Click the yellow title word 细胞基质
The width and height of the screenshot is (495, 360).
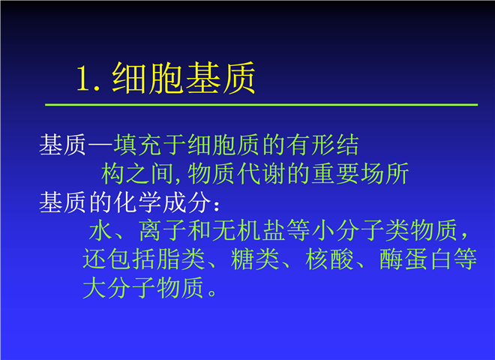(184, 78)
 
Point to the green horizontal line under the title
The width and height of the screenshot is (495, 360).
(262, 104)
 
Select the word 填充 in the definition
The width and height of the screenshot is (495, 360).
(138, 145)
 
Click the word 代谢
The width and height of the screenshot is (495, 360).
(262, 174)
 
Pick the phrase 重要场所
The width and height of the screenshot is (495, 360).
(360, 174)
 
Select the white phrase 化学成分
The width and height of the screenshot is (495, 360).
(163, 202)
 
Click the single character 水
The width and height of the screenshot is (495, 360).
(100, 231)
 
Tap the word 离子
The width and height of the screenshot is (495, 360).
(163, 231)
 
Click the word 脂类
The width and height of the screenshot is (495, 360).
(181, 259)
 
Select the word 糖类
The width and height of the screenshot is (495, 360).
(256, 259)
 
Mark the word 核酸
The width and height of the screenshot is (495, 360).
(329, 259)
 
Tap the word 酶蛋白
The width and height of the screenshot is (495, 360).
(415, 259)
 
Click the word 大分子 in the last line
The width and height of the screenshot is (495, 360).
(119, 288)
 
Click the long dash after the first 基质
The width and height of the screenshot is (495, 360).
(100, 145)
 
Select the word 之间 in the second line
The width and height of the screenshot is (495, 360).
(150, 174)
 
